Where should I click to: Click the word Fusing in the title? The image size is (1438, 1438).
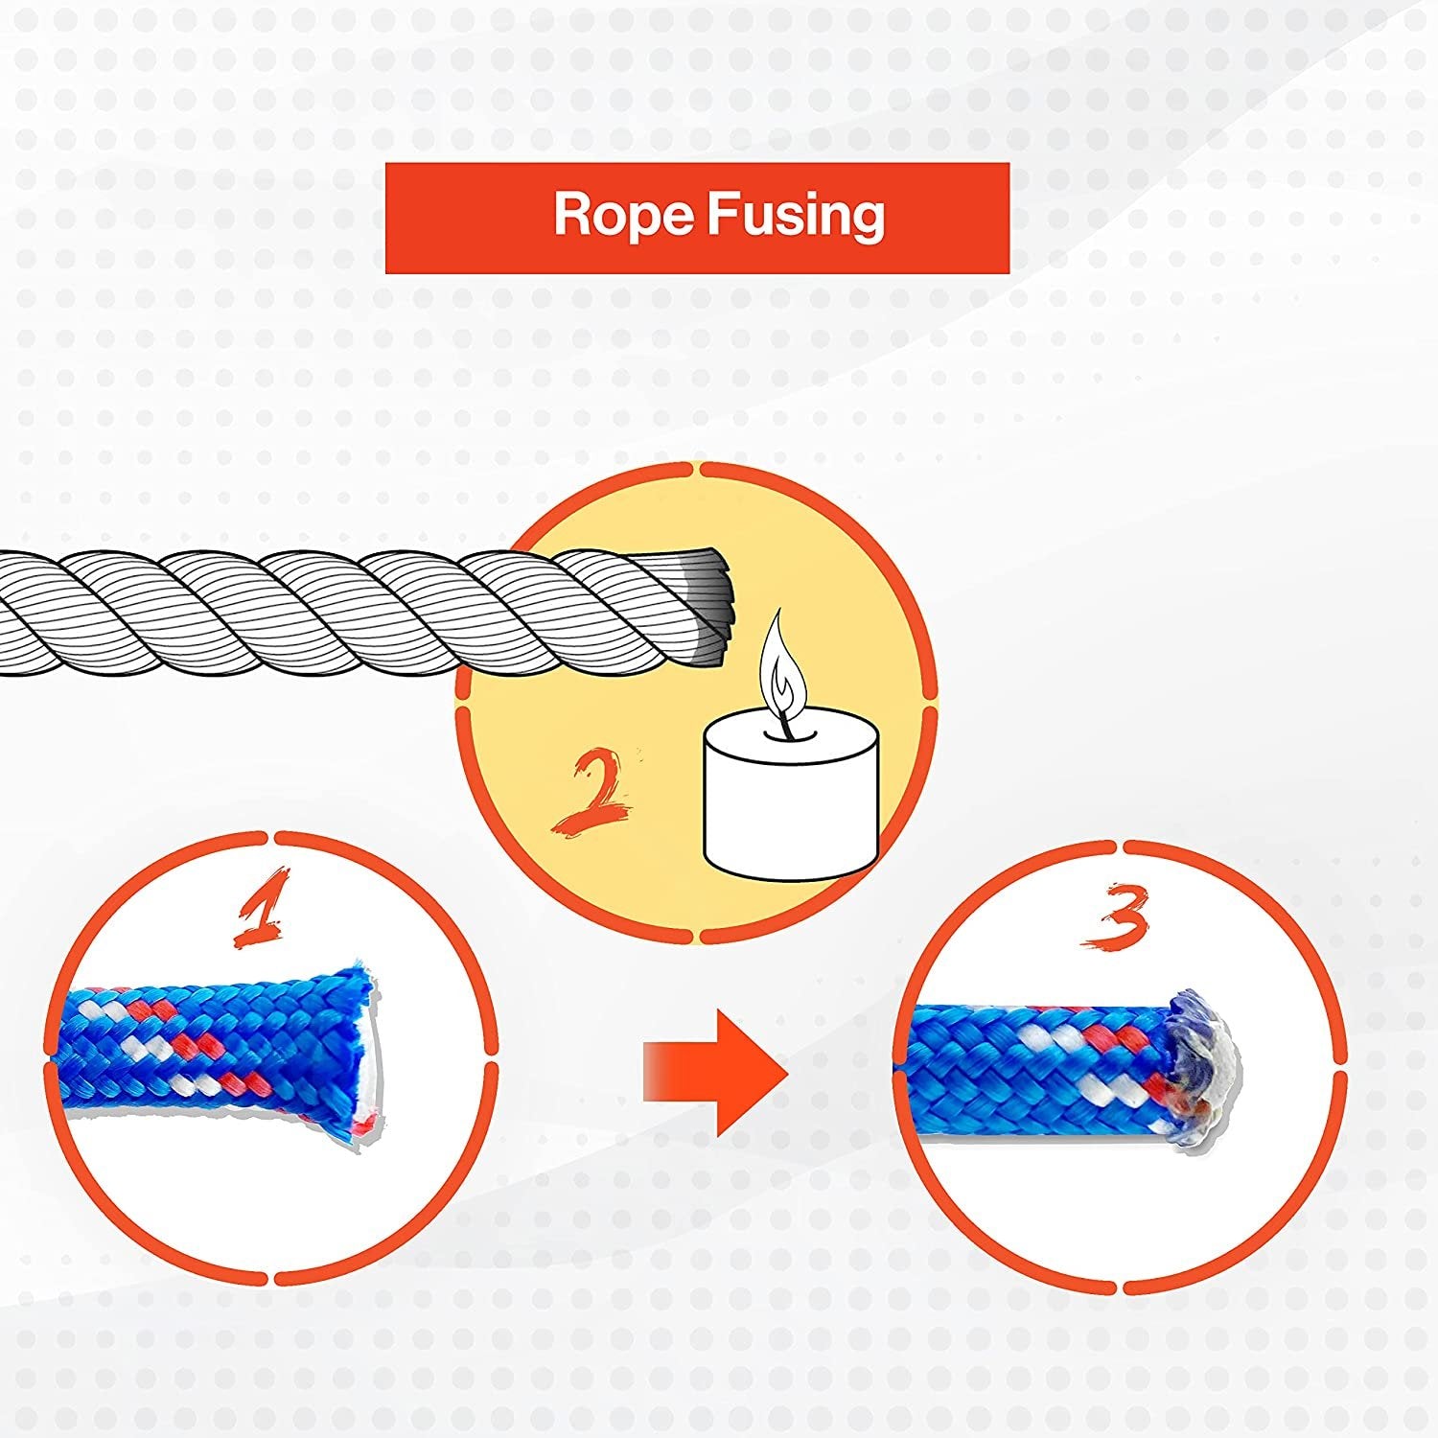[796, 215]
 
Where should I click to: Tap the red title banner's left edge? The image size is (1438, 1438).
[388, 218]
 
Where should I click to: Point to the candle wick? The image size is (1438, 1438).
[785, 724]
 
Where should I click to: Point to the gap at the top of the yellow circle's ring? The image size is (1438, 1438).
[696, 469]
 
